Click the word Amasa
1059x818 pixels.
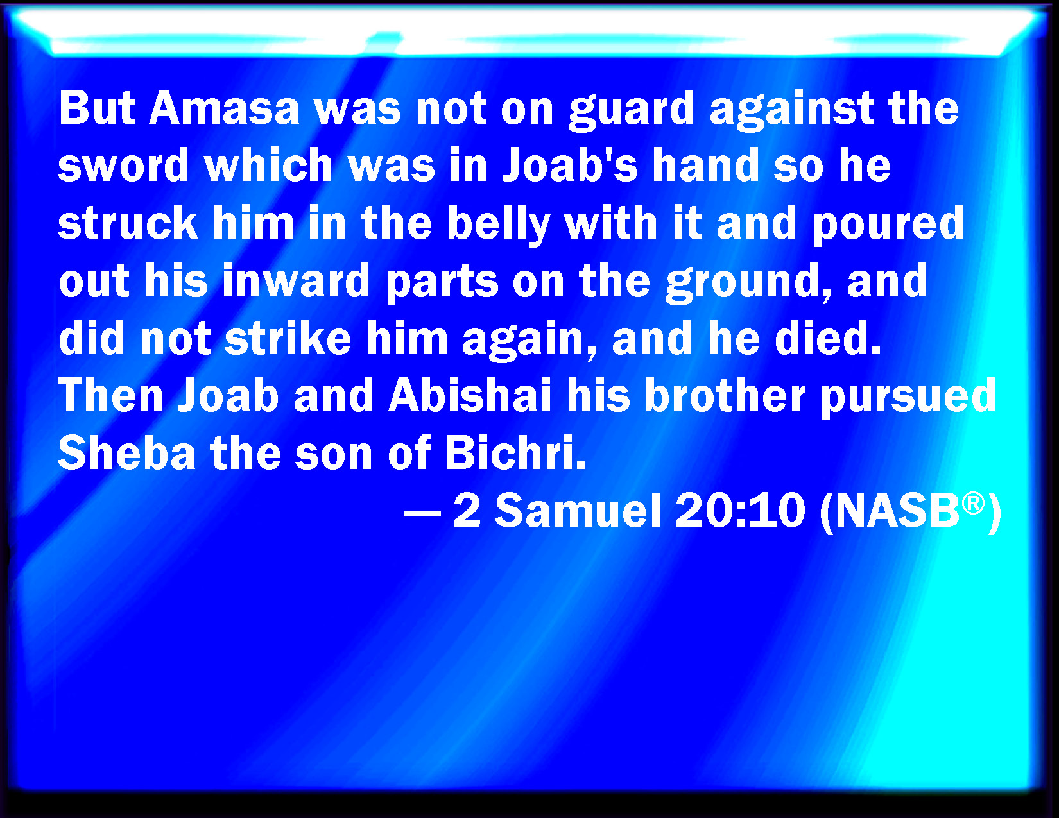[224, 108]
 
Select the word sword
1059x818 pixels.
[123, 165]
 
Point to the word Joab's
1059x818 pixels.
[570, 165]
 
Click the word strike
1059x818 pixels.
[288, 338]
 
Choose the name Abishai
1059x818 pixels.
[470, 395]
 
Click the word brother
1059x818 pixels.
[725, 395]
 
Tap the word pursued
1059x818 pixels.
[908, 398]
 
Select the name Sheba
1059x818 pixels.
[126, 452]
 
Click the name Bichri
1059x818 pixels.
[515, 452]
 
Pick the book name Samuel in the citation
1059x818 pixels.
[578, 511]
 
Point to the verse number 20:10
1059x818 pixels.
[740, 511]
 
